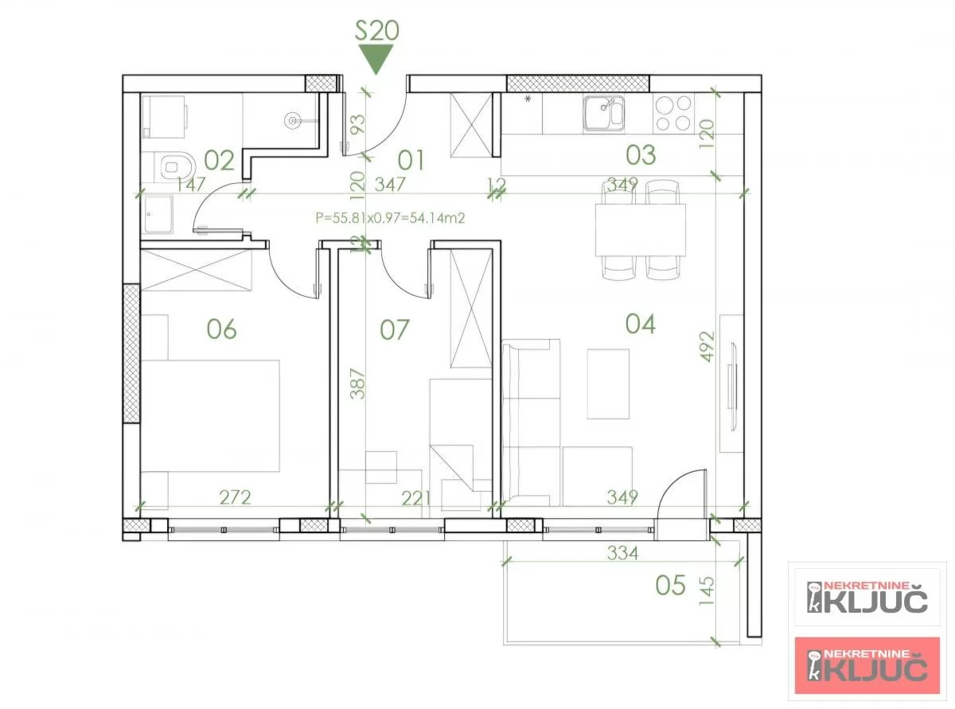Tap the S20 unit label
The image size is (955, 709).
(x=376, y=31)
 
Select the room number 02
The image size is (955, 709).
(x=219, y=161)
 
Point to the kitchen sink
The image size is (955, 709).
(x=603, y=113)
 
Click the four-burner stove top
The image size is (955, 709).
(x=672, y=113)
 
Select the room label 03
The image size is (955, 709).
(x=641, y=154)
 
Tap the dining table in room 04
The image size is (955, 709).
(x=641, y=229)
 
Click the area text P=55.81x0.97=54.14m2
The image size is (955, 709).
(x=390, y=216)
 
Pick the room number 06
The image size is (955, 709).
(x=221, y=328)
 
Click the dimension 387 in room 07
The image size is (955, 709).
(x=358, y=383)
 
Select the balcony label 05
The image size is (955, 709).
(x=670, y=586)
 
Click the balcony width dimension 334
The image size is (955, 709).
(x=622, y=553)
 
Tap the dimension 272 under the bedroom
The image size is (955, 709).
(x=235, y=497)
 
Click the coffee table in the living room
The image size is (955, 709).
(x=609, y=383)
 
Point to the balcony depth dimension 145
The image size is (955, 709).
(x=707, y=591)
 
